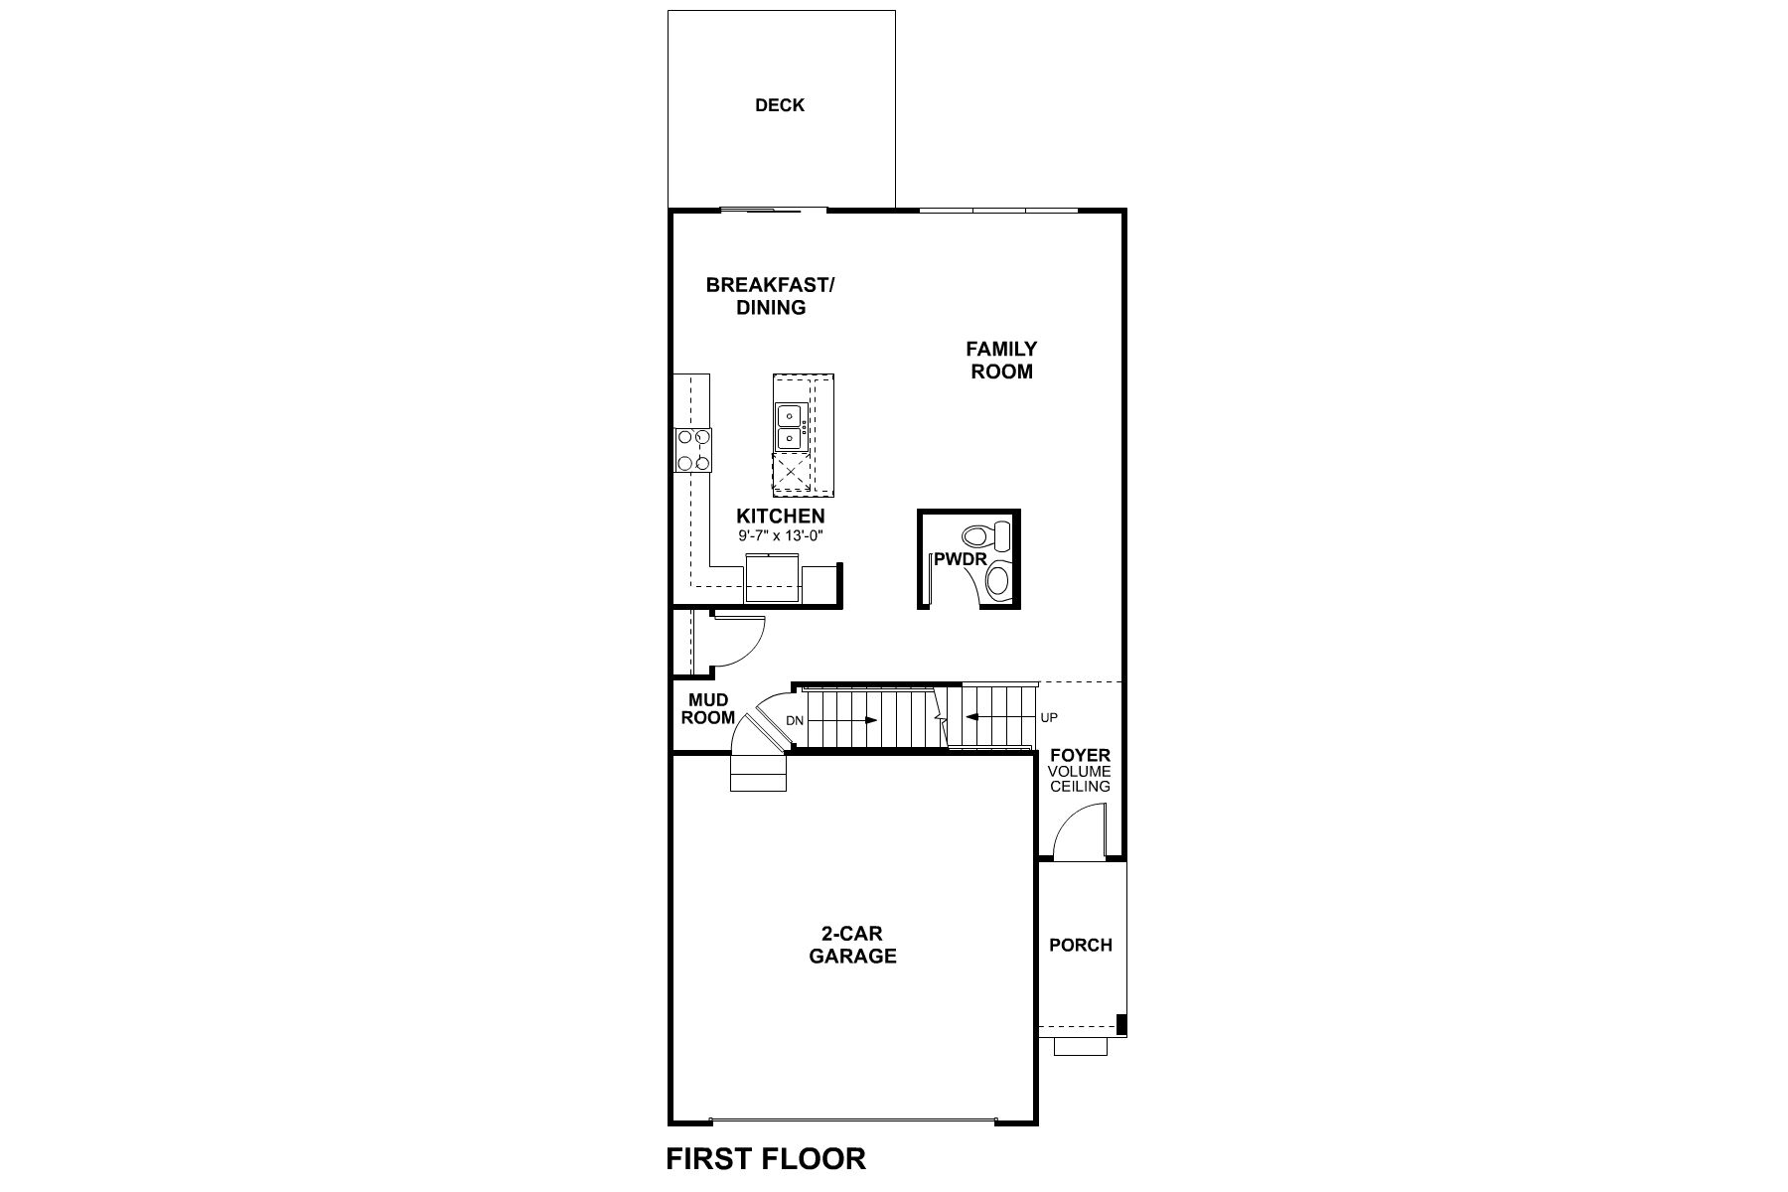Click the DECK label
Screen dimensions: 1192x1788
click(780, 105)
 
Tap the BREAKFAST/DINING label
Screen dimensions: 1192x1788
click(771, 296)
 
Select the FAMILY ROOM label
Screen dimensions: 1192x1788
click(1001, 360)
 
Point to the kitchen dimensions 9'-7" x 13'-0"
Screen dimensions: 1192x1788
click(782, 536)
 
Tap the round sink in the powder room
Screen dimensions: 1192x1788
click(998, 581)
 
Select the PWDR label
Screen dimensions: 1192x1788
click(960, 559)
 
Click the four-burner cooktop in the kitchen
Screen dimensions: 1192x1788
click(692, 449)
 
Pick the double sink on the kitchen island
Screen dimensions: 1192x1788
click(790, 426)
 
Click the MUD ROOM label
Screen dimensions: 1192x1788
click(708, 709)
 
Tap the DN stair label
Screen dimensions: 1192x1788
click(794, 720)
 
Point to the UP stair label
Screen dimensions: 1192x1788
click(1049, 717)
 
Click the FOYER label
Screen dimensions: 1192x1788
click(1080, 756)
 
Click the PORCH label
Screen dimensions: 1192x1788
click(1081, 945)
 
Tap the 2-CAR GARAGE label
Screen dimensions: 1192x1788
click(852, 945)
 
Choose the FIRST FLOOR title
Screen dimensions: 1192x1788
click(766, 1158)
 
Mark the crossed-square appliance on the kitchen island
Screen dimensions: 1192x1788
click(792, 474)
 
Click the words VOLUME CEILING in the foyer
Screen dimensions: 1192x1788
click(1081, 779)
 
